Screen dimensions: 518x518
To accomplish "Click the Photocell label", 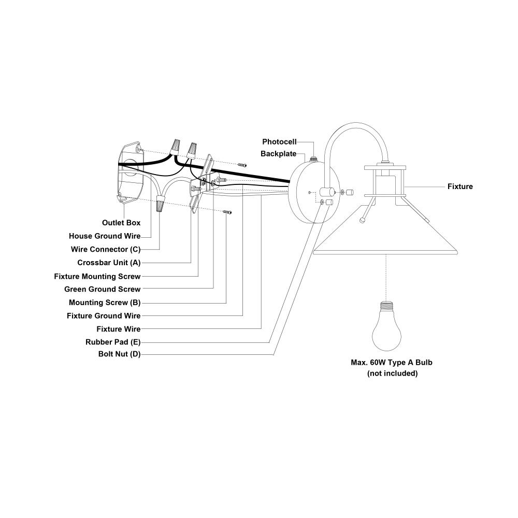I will [279, 141].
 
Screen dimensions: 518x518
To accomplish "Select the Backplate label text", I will [278, 154].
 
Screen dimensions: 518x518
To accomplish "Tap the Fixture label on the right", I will [460, 186].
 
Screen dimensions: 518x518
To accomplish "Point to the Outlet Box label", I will [121, 223].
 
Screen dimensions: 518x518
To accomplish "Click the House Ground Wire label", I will [105, 236].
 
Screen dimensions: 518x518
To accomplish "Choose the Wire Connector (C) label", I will [106, 249].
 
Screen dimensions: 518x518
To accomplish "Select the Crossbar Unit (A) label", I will [109, 263].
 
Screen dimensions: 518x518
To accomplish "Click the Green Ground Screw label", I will [102, 289].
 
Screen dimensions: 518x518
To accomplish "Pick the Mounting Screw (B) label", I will [105, 303].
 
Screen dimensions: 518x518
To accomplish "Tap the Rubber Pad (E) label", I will [113, 342].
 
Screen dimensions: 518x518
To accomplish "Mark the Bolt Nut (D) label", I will [119, 354].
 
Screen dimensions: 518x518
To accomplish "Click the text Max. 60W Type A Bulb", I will [392, 363].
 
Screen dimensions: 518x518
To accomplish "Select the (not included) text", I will [392, 373].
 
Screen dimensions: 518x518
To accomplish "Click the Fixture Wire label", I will [119, 329].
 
